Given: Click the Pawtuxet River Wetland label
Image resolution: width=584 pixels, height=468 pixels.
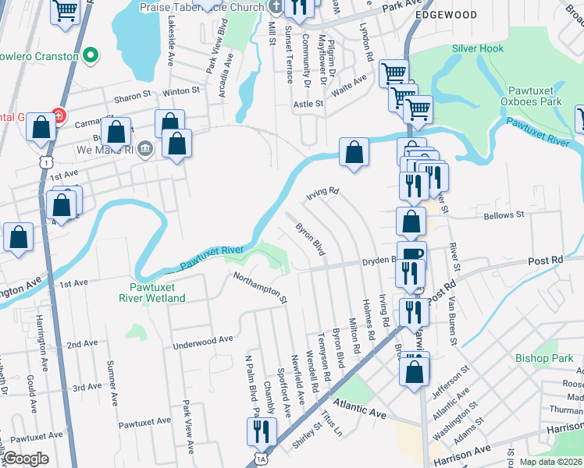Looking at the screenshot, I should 152,292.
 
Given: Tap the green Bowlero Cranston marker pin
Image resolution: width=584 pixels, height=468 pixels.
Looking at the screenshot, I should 91,56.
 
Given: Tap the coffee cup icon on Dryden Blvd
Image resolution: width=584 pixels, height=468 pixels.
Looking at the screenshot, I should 411,254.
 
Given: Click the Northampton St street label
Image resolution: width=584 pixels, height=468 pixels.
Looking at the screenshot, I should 262,287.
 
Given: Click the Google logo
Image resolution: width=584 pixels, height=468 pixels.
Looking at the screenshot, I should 27,459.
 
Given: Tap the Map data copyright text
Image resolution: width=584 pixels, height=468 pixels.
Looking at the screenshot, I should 550,462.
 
